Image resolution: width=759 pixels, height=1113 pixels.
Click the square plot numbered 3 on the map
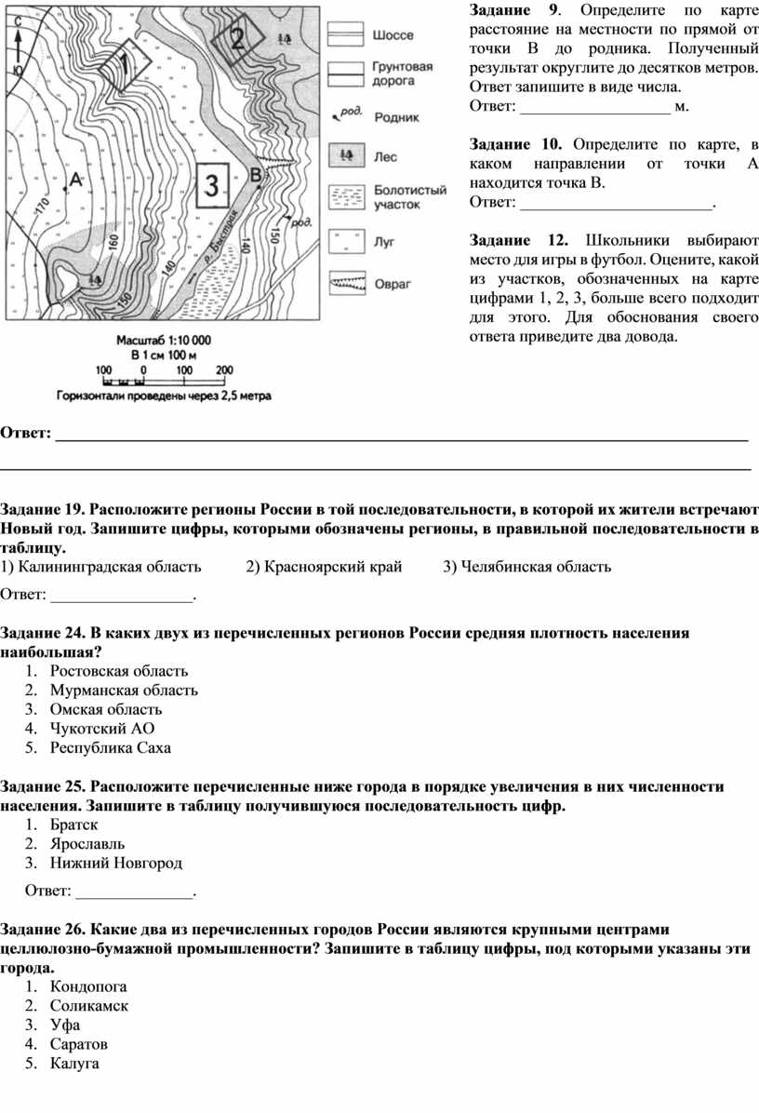[211, 185]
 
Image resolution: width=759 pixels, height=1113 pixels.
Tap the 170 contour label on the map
[40, 207]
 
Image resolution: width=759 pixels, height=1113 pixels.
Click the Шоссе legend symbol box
[347, 33]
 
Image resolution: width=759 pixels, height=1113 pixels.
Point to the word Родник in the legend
[396, 117]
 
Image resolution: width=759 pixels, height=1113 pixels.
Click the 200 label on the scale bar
[224, 369]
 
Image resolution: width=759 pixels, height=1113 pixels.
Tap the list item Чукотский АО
[102, 729]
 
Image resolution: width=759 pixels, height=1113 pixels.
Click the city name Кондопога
[89, 986]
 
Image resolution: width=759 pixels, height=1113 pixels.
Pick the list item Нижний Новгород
[116, 864]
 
